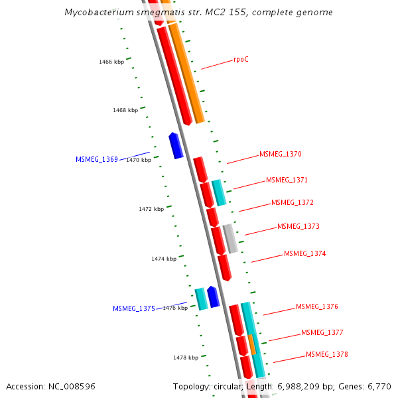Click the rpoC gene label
pyautogui.click(x=241, y=60)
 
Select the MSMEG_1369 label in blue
pyautogui.click(x=97, y=159)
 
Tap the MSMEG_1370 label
pyautogui.click(x=281, y=154)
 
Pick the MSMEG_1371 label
pyautogui.click(x=287, y=180)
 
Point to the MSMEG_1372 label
pyautogui.click(x=293, y=202)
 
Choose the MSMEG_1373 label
pyautogui.click(x=298, y=226)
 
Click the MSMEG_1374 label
pyautogui.click(x=305, y=253)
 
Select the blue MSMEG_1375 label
pyautogui.click(x=134, y=308)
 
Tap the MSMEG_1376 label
pyautogui.click(x=317, y=306)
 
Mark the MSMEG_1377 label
pyautogui.click(x=322, y=332)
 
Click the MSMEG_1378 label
pyautogui.click(x=327, y=354)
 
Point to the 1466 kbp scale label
pyautogui.click(x=111, y=62)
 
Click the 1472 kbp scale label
pyautogui.click(x=151, y=209)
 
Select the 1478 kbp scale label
pyautogui.click(x=186, y=358)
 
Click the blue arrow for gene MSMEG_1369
pyautogui.click(x=176, y=145)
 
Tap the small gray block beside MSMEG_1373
pyautogui.click(x=230, y=239)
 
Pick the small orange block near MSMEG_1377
pyautogui.click(x=252, y=344)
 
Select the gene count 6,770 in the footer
pyautogui.click(x=378, y=386)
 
